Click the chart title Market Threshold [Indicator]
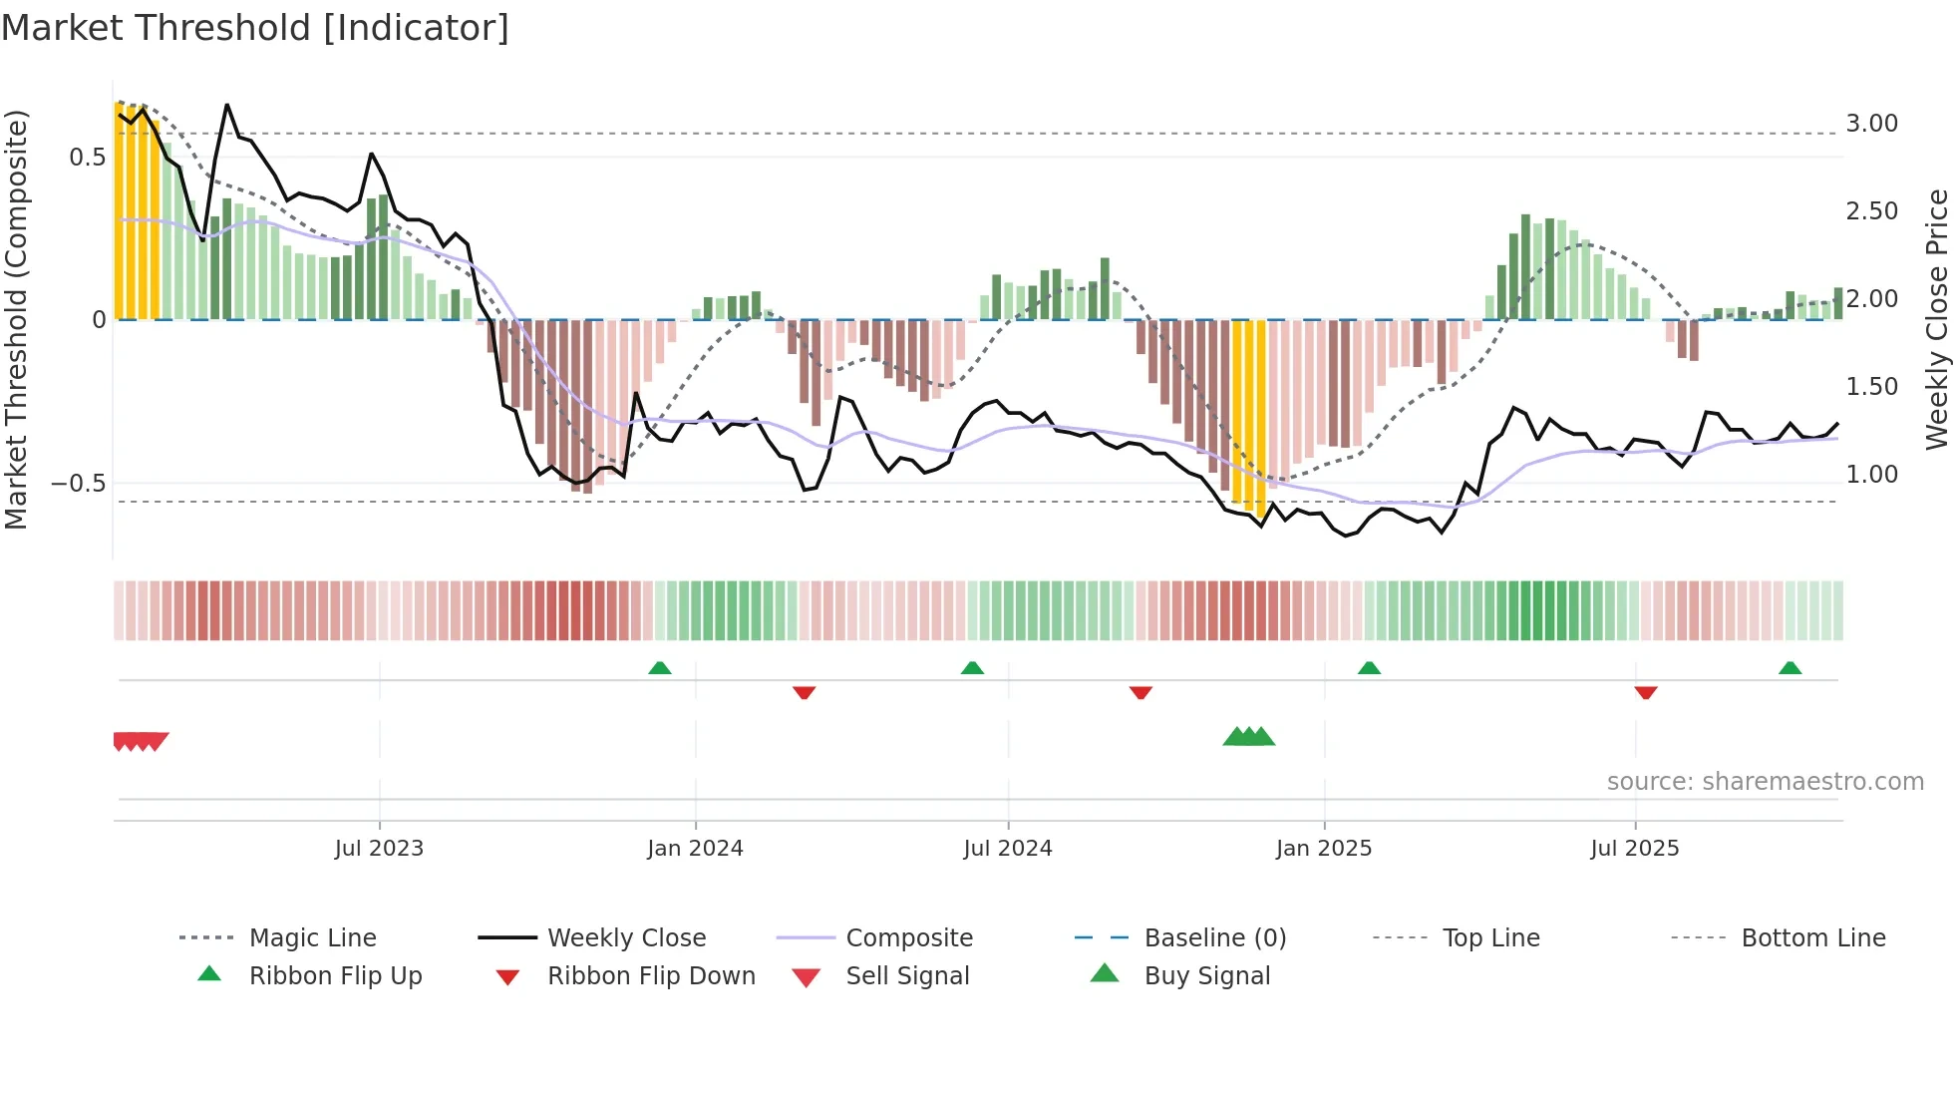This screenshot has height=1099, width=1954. tap(255, 28)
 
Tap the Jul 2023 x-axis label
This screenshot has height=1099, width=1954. tap(379, 849)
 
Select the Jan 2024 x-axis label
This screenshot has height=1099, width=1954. tap(695, 849)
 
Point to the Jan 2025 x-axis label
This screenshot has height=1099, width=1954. tap(1324, 849)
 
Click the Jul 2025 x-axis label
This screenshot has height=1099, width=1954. tap(1635, 849)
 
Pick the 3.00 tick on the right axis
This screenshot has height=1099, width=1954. tap(1871, 124)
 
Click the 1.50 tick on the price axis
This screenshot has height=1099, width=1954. tap(1871, 387)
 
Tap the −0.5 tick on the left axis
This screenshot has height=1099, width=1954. tap(78, 484)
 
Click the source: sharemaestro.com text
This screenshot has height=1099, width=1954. tap(1765, 782)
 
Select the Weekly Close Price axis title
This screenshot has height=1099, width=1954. tap(1936, 319)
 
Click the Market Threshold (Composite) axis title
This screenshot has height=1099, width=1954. tap(16, 319)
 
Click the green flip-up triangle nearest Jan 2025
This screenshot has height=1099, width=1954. tap(1369, 668)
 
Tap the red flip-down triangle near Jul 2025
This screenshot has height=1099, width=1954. tap(1646, 692)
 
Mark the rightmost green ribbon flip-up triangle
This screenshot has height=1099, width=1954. tap(1790, 668)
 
